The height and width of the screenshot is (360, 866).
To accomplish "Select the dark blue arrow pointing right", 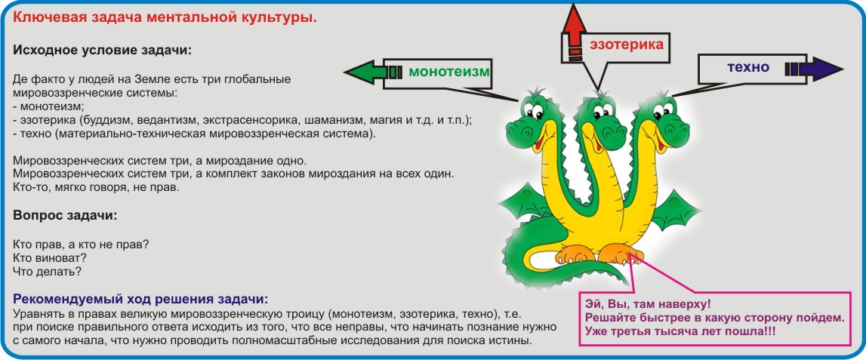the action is (x=814, y=69).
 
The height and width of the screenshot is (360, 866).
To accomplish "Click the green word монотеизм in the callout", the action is (x=449, y=72).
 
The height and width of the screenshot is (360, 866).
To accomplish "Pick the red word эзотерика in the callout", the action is (x=627, y=45).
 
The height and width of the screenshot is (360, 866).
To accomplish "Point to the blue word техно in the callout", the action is (x=747, y=68).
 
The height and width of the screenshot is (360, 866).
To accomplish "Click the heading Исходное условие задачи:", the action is (x=102, y=50).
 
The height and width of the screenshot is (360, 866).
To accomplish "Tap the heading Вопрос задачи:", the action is (x=65, y=215).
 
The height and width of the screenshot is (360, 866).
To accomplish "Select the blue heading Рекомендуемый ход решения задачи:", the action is (x=140, y=300).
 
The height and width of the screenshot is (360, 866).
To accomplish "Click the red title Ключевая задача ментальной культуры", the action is (x=165, y=17).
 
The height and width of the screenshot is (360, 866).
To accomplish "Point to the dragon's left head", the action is (x=533, y=122).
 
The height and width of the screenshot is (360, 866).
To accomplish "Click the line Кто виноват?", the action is (x=49, y=257).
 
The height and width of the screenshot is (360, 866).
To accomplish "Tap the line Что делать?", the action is (x=46, y=272).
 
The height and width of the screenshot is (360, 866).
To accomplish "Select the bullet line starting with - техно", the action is (x=194, y=134).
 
